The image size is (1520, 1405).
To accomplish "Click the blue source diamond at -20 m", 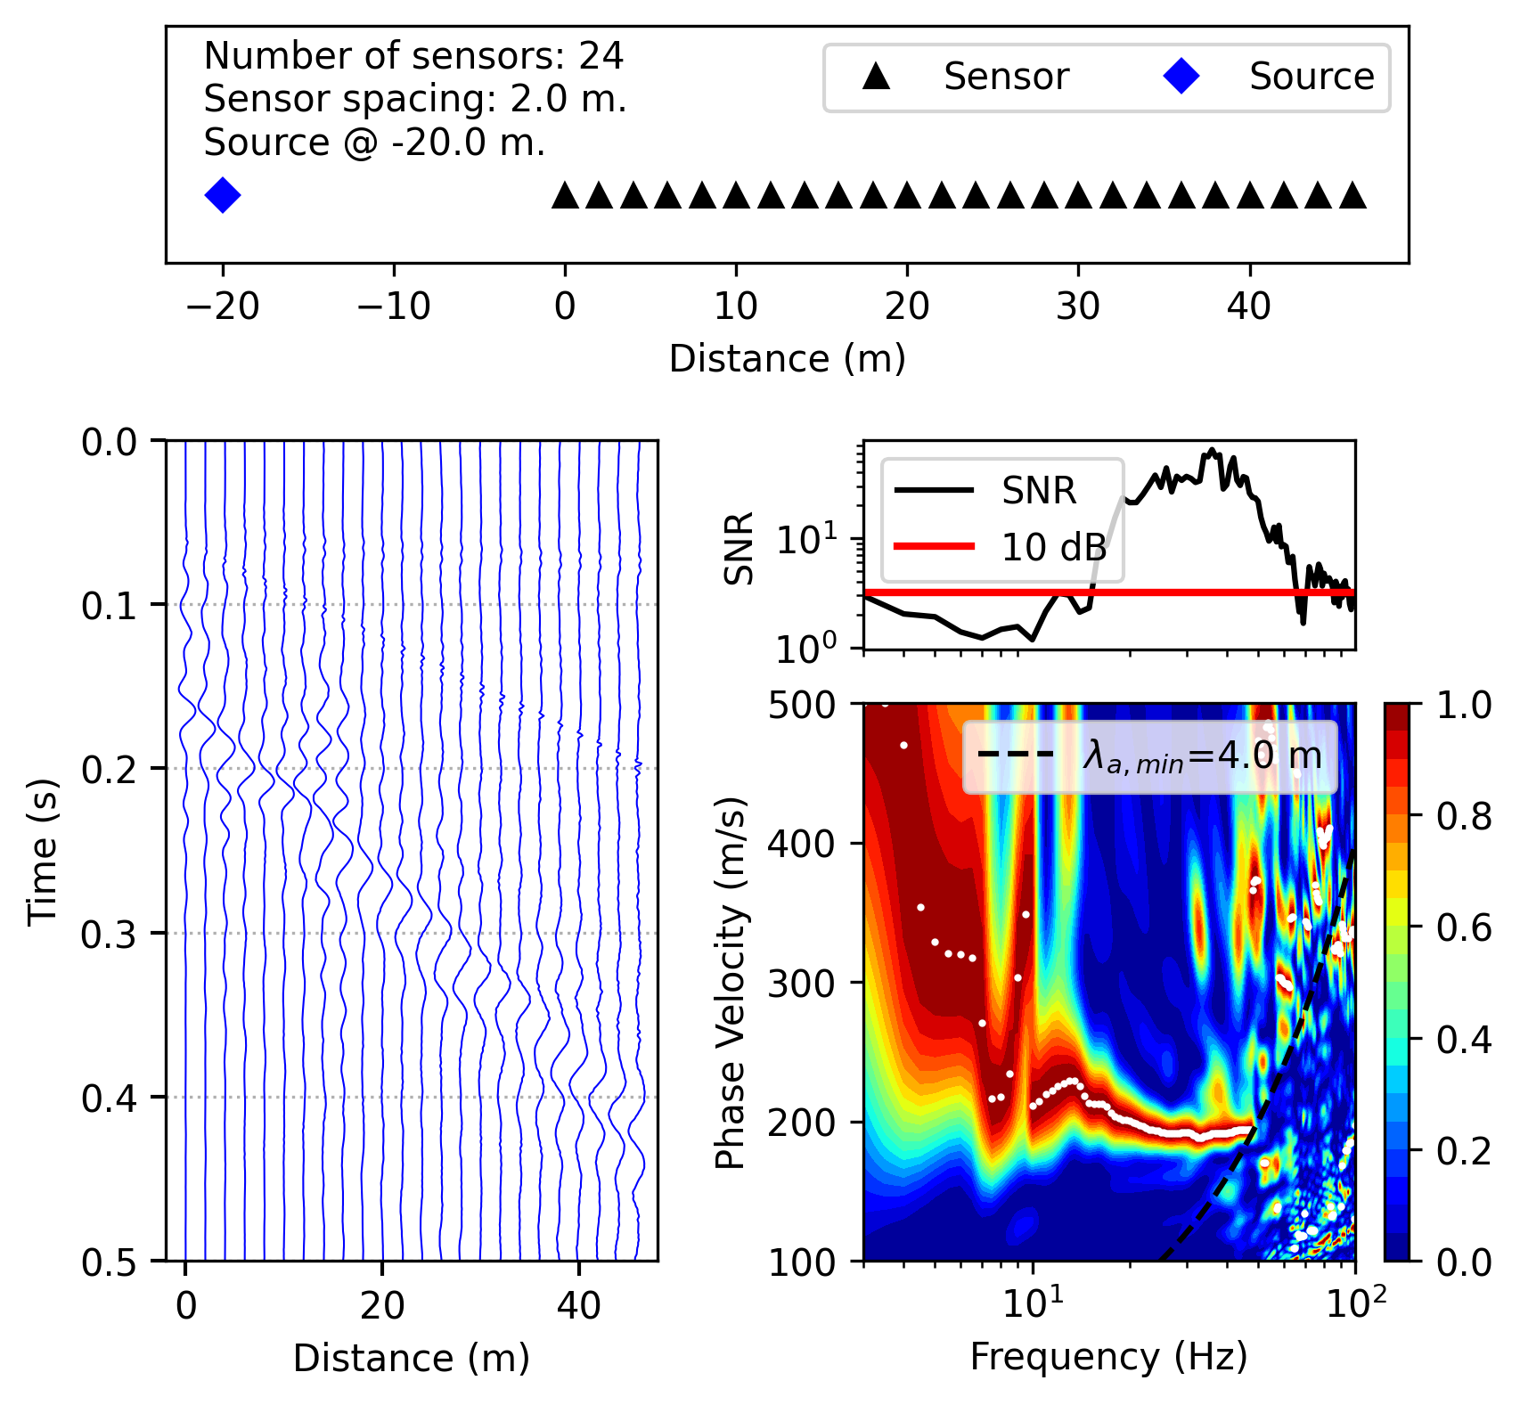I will point(223,195).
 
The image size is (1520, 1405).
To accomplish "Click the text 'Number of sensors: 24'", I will point(413,56).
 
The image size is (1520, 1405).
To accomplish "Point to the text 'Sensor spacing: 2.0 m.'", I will point(415,99).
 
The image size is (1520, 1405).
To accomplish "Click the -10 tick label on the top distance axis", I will point(394,307).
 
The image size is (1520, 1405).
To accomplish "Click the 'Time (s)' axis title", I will point(42,852).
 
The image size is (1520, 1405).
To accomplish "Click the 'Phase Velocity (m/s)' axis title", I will point(731,983).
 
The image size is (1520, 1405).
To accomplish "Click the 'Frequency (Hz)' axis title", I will point(1108,1357).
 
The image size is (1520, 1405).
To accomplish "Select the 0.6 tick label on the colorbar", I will point(1463,927).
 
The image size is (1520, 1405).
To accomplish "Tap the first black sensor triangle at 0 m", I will point(565,196).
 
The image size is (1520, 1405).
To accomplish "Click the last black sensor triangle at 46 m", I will point(1352,196).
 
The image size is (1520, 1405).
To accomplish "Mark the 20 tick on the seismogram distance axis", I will point(382,1306).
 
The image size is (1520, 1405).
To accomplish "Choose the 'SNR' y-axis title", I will point(740,547).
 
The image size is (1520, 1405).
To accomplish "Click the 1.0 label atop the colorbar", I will point(1463,706).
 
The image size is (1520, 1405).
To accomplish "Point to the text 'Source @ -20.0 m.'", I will point(374,143).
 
